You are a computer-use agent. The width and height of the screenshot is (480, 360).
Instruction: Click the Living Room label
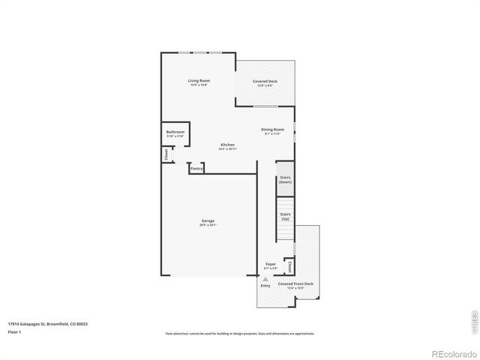(x=199, y=80)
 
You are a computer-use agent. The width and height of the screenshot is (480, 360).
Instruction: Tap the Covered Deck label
(x=265, y=80)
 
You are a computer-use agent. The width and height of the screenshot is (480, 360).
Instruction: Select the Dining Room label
(x=272, y=129)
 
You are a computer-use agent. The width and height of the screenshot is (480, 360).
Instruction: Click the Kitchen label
(x=227, y=144)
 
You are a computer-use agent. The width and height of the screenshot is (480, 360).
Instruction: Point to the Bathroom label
(x=175, y=132)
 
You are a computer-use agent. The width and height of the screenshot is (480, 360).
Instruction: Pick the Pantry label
(x=196, y=169)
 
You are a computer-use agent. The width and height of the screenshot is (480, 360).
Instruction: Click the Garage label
(x=208, y=220)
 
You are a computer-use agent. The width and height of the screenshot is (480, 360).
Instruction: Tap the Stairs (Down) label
(x=285, y=180)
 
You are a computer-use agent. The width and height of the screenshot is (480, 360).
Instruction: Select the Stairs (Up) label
(x=285, y=216)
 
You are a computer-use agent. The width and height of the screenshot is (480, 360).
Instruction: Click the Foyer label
(x=271, y=264)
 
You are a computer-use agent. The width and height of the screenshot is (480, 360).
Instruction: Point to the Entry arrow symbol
(x=265, y=278)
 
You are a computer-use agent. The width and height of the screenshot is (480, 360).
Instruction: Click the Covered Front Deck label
(x=295, y=284)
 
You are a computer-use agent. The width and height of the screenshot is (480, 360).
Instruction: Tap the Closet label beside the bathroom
(x=166, y=154)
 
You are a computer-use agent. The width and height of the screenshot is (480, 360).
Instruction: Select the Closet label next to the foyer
(x=289, y=266)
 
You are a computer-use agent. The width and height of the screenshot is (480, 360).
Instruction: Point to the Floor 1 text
(x=14, y=331)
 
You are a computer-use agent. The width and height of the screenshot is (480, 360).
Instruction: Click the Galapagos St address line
(x=48, y=324)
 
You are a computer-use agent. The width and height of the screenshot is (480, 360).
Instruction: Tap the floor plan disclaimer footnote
(x=239, y=334)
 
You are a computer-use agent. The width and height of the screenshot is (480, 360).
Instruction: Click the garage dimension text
(x=208, y=224)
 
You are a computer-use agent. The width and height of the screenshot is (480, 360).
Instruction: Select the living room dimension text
(x=199, y=85)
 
